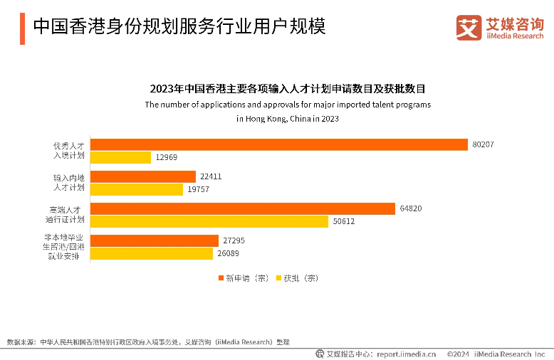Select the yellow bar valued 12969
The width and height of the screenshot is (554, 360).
pyautogui.click(x=120, y=157)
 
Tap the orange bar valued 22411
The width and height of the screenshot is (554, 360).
pyautogui.click(x=142, y=176)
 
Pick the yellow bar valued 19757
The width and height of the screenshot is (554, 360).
pyautogui.click(x=137, y=189)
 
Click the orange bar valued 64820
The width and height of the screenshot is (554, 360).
pyautogui.click(x=242, y=208)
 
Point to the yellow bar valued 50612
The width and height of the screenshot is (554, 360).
pyautogui.click(x=209, y=221)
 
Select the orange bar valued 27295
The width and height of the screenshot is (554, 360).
pyautogui.click(x=154, y=240)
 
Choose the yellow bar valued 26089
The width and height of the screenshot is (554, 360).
pyautogui.click(x=152, y=253)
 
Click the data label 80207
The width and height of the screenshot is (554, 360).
pyautogui.click(x=482, y=144)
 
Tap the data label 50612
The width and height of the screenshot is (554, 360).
pyautogui.click(x=343, y=221)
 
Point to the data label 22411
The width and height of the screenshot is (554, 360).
pyautogui.click(x=211, y=176)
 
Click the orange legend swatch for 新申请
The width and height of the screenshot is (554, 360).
pyautogui.click(x=221, y=278)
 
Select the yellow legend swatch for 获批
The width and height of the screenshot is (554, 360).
pyautogui.click(x=278, y=278)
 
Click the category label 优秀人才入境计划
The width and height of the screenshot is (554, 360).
pyautogui.click(x=69, y=150)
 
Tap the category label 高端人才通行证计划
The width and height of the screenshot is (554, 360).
pyautogui.click(x=69, y=214)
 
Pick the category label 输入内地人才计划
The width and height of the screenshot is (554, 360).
pyautogui.click(x=69, y=182)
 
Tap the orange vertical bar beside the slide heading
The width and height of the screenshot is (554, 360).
pyautogui.click(x=22, y=28)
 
